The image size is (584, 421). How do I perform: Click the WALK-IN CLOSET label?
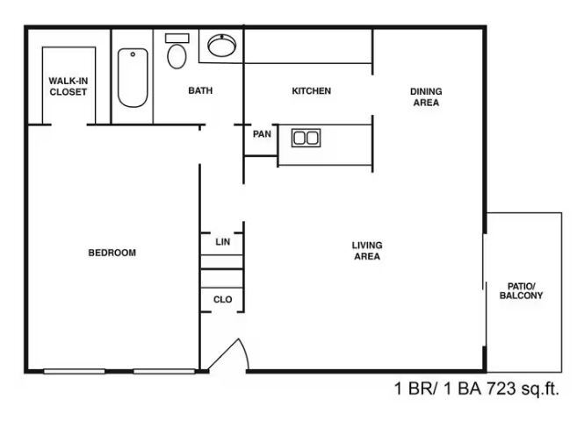[68, 87]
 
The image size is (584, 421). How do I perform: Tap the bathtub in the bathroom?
[132, 78]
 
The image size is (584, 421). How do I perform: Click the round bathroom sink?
[221, 46]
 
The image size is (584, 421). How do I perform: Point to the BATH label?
[200, 91]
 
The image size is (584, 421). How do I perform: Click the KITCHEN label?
[311, 91]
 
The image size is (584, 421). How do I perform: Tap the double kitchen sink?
[306, 138]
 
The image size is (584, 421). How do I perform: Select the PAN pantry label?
[262, 135]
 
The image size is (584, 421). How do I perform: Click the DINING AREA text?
[426, 96]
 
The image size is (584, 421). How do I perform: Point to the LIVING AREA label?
[366, 251]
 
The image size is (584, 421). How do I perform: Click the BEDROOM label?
[112, 253]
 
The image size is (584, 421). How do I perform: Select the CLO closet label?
[223, 300]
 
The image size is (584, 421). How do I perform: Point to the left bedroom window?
[74, 371]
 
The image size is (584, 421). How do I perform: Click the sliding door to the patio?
[484, 289]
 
